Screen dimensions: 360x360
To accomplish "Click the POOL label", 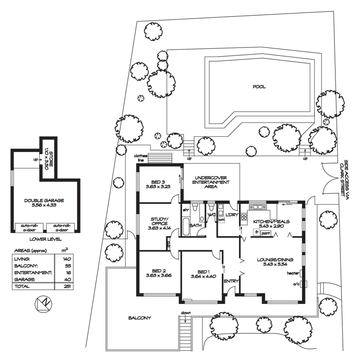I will [x=259, y=87].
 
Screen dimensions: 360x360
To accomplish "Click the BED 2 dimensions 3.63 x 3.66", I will [x=158, y=276].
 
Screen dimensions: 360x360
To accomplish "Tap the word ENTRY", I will [x=231, y=281].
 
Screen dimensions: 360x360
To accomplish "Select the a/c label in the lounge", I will [x=296, y=284].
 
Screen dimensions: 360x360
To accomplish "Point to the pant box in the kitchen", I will [x=266, y=233].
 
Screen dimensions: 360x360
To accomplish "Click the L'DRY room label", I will [x=232, y=215].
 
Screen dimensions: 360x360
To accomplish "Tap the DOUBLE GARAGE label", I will [x=44, y=200].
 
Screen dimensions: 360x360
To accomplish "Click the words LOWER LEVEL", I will [x=45, y=239].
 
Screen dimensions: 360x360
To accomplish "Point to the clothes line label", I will [x=140, y=158].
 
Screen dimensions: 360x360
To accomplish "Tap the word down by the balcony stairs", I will [x=186, y=313].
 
